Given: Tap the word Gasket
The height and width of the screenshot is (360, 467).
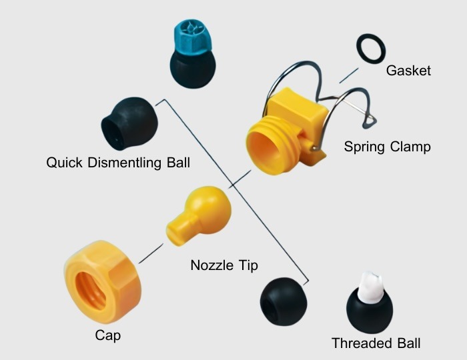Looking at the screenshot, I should coord(409,70).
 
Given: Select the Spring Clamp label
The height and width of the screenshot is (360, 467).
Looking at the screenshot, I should coord(387,147).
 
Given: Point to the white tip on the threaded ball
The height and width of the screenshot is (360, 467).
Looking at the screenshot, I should coord(368,287).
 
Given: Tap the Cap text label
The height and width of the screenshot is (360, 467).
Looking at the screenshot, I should coord(108,335).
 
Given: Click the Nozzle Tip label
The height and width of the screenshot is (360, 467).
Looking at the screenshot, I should coord(224,265).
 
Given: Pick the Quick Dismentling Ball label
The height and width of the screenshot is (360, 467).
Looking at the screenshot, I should coord(118,163).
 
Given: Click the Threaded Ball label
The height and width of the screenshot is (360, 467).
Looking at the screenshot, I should coord(376,343).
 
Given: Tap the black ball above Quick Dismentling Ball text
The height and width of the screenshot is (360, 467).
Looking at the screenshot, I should coord(129,123).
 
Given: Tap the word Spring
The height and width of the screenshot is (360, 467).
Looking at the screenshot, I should coord(366,147).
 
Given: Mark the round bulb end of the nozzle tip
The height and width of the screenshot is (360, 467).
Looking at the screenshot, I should coord(207,207).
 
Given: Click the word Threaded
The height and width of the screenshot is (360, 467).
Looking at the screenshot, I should coord(361,343).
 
